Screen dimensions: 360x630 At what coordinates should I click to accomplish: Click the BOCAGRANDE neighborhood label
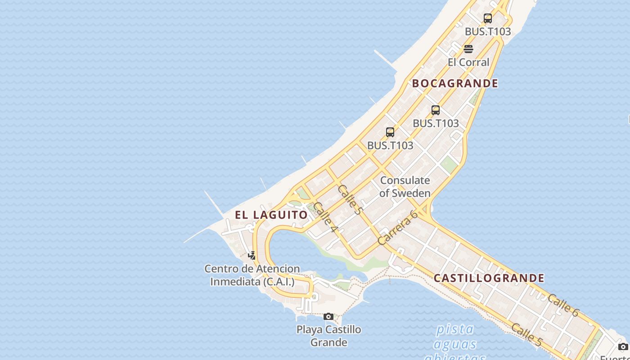pos(455,83)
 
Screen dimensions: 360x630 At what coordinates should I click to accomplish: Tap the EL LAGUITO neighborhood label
pos(271,215)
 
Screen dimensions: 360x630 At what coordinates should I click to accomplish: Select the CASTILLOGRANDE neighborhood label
pos(489,278)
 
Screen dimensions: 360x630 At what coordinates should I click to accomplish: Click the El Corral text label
pos(468,62)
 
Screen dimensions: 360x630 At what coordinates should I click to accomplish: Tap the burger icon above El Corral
pos(468,49)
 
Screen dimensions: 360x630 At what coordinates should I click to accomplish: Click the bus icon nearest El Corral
pos(488,18)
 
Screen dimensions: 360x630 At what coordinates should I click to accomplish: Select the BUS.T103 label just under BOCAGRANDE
pos(436,123)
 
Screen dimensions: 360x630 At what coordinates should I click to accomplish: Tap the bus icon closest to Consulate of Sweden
pos(390,132)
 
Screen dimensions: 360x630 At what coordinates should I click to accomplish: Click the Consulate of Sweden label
pos(405,187)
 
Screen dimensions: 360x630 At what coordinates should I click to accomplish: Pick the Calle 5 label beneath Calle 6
pos(526,335)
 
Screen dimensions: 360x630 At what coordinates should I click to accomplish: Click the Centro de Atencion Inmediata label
pos(252,275)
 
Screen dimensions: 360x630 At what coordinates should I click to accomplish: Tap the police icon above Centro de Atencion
pos(252,256)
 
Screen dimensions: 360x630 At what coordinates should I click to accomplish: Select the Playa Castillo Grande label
pos(328,336)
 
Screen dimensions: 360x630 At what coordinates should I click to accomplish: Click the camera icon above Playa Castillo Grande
pos(328,317)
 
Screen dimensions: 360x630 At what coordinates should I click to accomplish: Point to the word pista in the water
pos(455,329)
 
